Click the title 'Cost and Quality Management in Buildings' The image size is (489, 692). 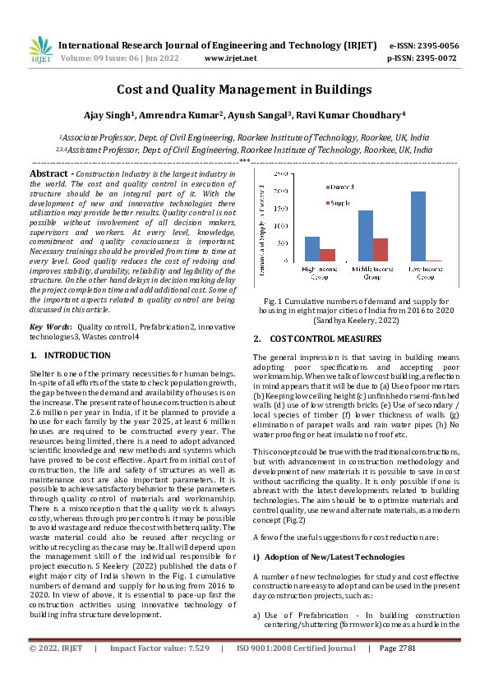[x=244, y=90]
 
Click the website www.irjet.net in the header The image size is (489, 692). [x=230, y=58]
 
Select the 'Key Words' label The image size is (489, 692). [x=48, y=326]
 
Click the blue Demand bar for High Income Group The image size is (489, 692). [x=311, y=248]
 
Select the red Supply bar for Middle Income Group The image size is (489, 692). [x=381, y=249]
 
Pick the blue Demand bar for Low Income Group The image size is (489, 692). [x=418, y=226]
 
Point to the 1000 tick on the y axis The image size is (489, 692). [x=280, y=226]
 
